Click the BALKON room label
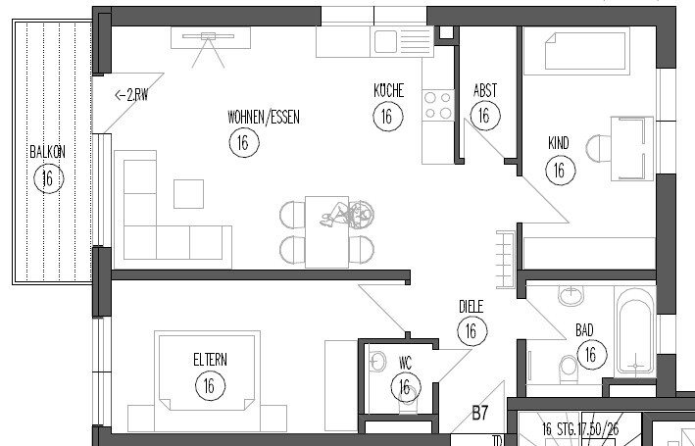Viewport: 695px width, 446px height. [x=47, y=152]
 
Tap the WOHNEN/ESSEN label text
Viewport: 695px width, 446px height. [x=263, y=117]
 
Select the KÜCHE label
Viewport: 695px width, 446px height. [x=388, y=90]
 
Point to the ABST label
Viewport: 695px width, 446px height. [x=484, y=90]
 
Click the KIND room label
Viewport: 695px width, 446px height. [x=558, y=144]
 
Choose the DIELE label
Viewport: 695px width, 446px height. [x=472, y=306]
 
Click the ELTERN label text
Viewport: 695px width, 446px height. [x=210, y=360]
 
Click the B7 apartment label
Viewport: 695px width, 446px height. [x=480, y=414]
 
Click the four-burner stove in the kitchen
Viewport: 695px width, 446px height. [x=437, y=104]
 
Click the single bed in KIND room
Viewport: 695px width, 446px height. [x=574, y=51]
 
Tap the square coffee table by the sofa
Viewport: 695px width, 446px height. [x=188, y=193]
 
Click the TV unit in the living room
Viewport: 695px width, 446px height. [x=210, y=37]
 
